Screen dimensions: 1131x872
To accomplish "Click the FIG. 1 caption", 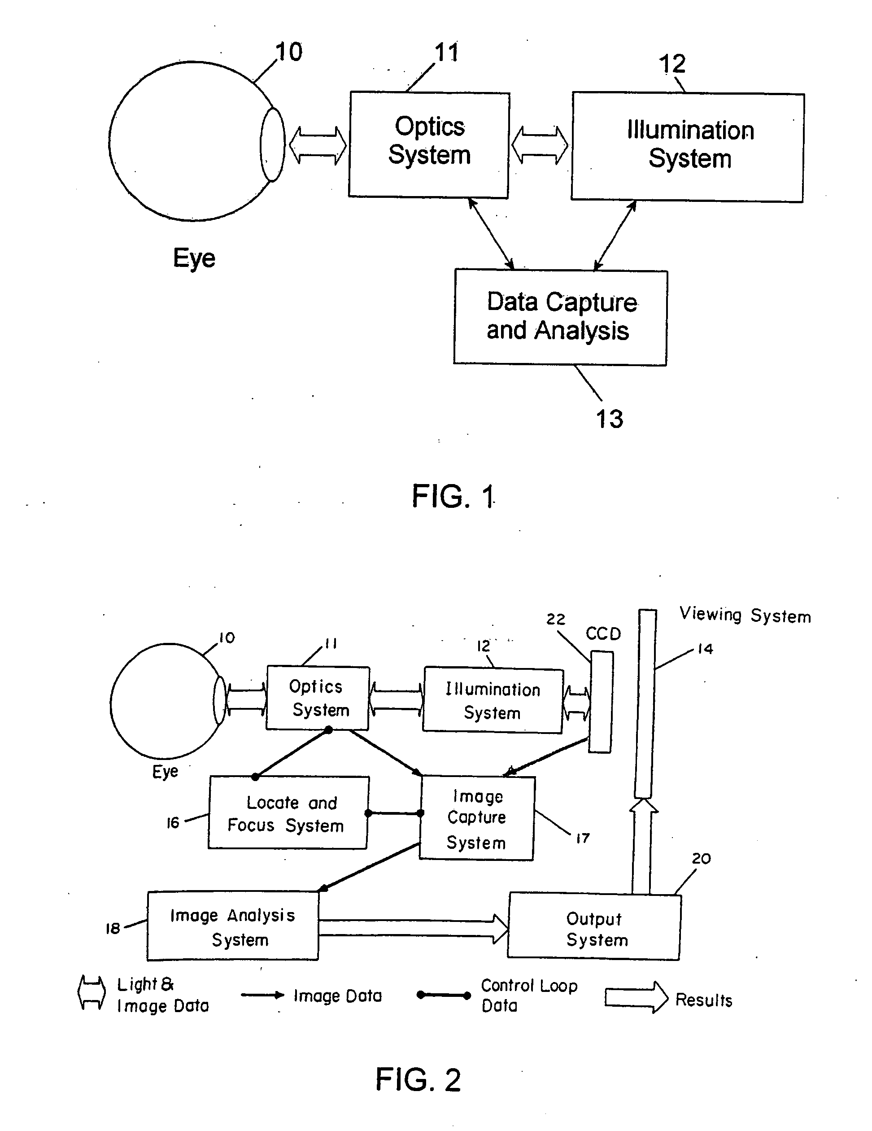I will (x=453, y=496).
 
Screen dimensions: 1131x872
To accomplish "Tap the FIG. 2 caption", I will (x=418, y=1079).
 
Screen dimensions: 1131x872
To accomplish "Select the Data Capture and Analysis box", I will (x=560, y=317).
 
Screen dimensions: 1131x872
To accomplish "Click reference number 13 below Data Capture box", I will (x=610, y=419).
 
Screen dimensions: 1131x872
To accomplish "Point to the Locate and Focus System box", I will (x=288, y=813).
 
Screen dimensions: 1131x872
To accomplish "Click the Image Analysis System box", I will (x=233, y=926).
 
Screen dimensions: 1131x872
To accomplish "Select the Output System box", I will (x=594, y=927).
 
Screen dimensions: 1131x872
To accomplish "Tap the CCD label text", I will (x=603, y=633).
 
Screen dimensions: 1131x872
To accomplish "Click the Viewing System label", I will (x=745, y=615).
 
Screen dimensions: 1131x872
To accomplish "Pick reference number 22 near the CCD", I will (x=556, y=619).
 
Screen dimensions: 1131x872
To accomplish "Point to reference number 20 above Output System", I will (x=701, y=858).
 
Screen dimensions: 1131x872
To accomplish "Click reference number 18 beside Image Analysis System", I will (x=113, y=928).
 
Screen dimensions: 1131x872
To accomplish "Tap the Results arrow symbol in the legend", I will (x=637, y=997).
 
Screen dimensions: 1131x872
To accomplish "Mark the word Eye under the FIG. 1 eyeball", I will (x=194, y=258).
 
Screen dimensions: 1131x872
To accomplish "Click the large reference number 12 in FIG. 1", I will (x=672, y=64).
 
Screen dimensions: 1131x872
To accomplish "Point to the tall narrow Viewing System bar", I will (x=645, y=704).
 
